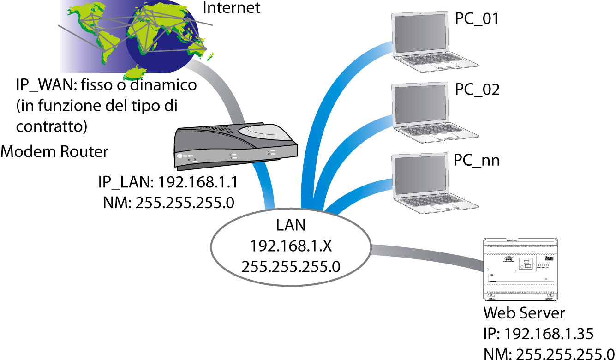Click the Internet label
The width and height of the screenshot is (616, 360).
tap(232, 8)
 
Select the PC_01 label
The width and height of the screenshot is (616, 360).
tap(477, 19)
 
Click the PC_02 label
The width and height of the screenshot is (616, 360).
tap(477, 90)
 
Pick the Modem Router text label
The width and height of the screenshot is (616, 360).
tap(54, 151)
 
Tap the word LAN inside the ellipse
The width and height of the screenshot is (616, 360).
tap(291, 226)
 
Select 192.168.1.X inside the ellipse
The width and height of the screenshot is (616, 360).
tap(291, 246)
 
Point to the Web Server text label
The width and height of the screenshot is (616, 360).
tap(524, 313)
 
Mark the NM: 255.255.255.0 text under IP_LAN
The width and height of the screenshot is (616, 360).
tap(169, 203)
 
